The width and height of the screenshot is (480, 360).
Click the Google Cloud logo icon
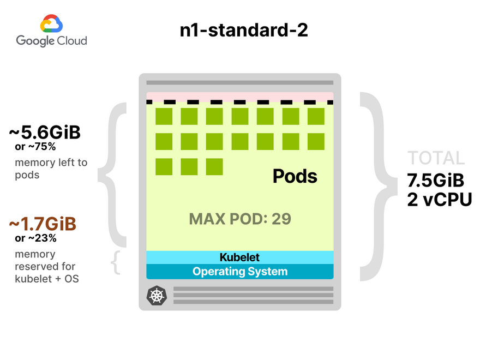(x=51, y=25)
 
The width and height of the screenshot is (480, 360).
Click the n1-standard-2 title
(x=244, y=30)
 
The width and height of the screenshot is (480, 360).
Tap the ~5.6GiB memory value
(x=45, y=133)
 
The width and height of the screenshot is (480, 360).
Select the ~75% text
(x=36, y=147)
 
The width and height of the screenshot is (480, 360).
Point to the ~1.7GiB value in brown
(x=43, y=224)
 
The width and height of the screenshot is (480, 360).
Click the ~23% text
(x=36, y=238)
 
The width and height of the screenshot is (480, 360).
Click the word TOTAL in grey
(x=436, y=158)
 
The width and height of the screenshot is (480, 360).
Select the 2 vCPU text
(x=439, y=199)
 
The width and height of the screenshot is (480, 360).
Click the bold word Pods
(x=295, y=176)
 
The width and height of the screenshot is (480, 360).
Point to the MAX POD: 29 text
(x=240, y=219)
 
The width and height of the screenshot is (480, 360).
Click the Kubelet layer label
(x=239, y=257)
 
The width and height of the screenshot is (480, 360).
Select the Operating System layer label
(x=239, y=271)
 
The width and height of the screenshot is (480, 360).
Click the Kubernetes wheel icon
(x=157, y=296)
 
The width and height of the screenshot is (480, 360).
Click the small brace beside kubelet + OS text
(x=115, y=262)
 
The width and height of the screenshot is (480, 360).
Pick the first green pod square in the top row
(x=164, y=117)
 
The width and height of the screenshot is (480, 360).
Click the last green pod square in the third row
(x=214, y=167)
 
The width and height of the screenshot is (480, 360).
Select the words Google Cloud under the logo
(x=51, y=41)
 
